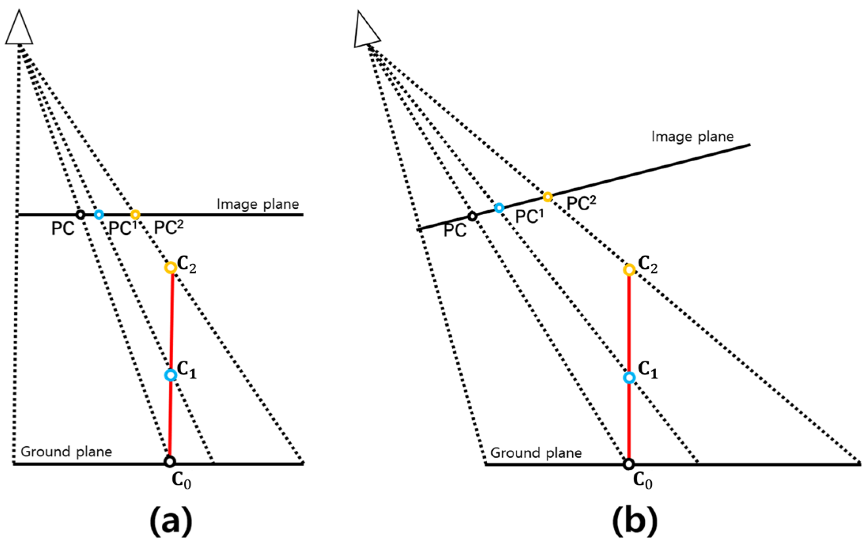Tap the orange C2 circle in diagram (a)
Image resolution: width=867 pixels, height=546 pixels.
coord(170,268)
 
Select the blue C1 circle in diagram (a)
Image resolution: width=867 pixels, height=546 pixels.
coord(170,375)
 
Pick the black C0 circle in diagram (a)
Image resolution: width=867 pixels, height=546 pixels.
coord(170,461)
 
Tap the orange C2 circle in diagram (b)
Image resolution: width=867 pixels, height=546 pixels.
coord(629,270)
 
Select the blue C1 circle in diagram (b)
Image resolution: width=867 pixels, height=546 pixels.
coord(629,378)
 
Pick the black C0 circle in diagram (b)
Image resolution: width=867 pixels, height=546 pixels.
coord(628,464)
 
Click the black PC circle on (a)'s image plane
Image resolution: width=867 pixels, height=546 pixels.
coord(80,215)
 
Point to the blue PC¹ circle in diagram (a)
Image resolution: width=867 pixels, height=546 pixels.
coord(99,215)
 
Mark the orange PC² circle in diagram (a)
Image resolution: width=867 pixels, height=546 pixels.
coord(135,215)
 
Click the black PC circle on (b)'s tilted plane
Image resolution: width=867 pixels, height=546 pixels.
coord(472,216)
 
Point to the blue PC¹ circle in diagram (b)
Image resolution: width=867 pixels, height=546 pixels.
coord(499,208)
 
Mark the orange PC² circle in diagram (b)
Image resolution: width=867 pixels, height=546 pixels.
coord(547,196)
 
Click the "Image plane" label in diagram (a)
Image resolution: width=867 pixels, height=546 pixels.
coord(257,204)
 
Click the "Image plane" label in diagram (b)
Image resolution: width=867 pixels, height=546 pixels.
coord(692,137)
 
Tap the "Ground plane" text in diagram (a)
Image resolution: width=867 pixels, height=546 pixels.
coord(66,452)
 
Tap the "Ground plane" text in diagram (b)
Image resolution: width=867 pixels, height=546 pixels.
coord(536,453)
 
